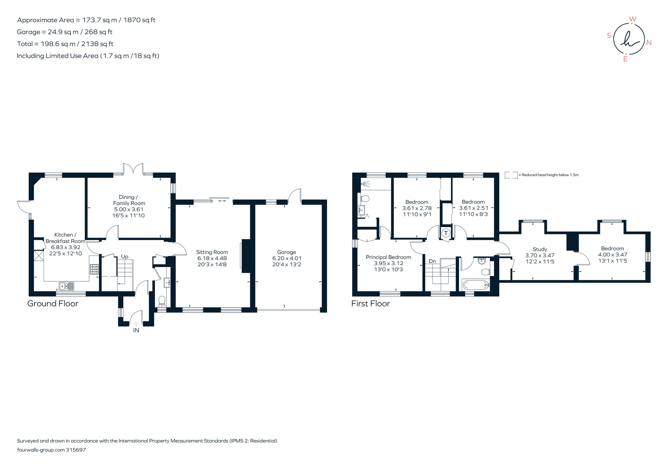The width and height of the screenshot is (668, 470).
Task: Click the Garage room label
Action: [286, 252]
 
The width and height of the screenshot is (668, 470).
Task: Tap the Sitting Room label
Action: [212, 252]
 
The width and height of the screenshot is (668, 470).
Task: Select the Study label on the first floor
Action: [540, 249]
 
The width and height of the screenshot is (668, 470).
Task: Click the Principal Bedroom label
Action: [388, 257]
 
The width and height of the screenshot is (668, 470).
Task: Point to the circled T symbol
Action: [446, 233]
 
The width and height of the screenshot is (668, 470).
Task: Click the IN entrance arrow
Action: [136, 324]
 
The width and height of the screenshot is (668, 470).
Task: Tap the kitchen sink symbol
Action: [67, 286]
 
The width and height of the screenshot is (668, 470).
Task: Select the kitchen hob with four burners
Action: [94, 269]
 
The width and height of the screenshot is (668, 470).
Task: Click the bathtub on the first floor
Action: [476, 285]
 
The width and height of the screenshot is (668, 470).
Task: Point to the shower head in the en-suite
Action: [365, 184]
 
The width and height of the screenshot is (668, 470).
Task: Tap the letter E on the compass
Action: [625, 59]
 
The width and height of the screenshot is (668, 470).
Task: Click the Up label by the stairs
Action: [124, 257]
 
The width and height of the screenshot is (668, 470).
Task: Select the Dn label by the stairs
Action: [432, 261]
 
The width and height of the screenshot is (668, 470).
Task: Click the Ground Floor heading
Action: [53, 304]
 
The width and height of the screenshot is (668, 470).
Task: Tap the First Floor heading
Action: [370, 304]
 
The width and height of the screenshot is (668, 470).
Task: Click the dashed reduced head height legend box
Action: [511, 175]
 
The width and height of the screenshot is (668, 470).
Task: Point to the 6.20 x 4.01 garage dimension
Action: [287, 258]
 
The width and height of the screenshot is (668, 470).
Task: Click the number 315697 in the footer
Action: [76, 450]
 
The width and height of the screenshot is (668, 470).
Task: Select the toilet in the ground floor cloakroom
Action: [162, 301]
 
